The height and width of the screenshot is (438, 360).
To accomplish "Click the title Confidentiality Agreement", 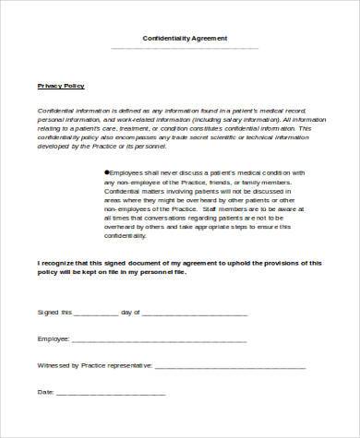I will (x=185, y=38).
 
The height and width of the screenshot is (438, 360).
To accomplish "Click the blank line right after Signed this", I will (x=94, y=314).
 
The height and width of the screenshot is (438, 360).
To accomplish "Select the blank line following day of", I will (x=195, y=314).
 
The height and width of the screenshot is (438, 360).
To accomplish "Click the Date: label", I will (x=45, y=392).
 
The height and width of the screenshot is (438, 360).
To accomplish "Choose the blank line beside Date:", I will (x=111, y=394).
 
